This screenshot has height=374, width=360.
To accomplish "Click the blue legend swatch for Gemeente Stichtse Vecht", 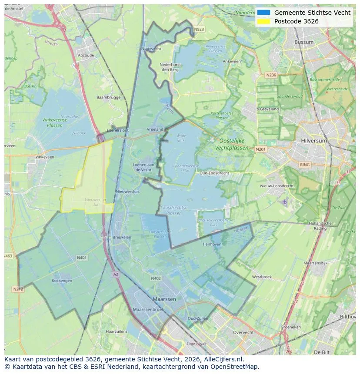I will [x=263, y=13].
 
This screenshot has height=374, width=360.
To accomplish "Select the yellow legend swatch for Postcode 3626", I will [x=263, y=21].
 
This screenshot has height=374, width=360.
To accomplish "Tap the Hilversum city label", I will [x=313, y=141].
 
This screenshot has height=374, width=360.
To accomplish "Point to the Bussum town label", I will [x=304, y=42].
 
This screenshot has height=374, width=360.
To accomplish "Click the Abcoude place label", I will [x=86, y=55].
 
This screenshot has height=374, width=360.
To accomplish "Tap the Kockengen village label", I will [x=62, y=281].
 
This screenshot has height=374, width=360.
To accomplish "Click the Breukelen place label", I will [x=122, y=237].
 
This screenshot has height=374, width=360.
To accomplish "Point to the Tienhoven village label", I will [x=212, y=244].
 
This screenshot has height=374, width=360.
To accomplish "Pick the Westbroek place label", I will [x=262, y=277].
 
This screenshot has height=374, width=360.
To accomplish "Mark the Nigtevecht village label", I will [x=151, y=49].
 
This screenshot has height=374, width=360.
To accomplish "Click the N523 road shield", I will [x=199, y=30].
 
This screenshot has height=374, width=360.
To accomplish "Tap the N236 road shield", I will [x=271, y=75].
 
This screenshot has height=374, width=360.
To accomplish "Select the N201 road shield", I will [x=260, y=149].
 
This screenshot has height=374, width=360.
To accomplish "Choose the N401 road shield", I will [x=81, y=258].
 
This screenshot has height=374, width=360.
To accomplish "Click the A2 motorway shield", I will [x=115, y=274].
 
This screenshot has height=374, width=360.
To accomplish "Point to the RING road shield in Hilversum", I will [x=305, y=165].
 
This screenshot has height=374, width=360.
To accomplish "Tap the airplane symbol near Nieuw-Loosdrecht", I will [x=284, y=202].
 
